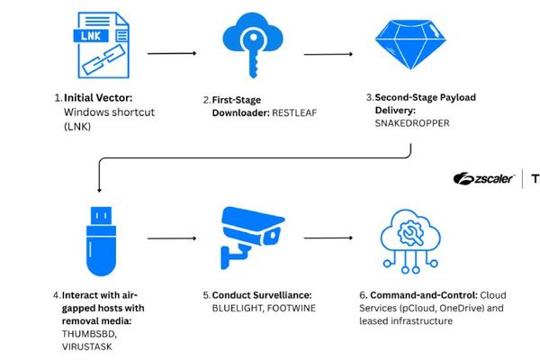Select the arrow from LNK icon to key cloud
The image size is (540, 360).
tap(171, 54)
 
